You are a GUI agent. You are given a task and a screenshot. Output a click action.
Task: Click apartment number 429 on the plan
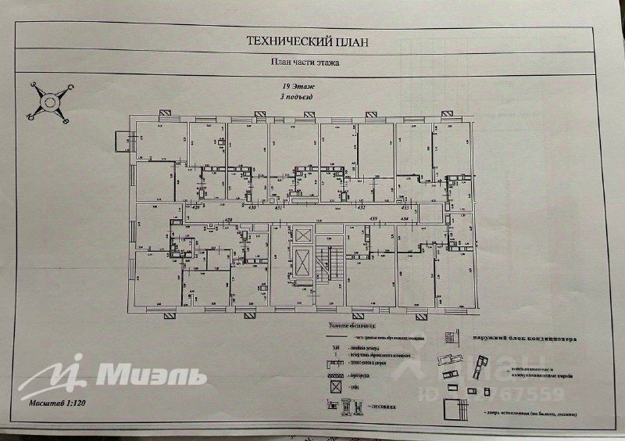click(x=197, y=209)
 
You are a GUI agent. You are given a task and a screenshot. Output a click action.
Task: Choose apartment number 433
click(x=405, y=209)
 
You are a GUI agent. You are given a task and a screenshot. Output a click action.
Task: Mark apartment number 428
click(x=229, y=220)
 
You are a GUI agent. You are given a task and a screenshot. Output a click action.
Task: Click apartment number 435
click(x=373, y=219)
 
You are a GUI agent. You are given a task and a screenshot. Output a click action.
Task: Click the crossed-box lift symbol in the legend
click(x=334, y=386)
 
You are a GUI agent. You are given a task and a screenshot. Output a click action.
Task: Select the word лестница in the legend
click(x=382, y=407)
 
